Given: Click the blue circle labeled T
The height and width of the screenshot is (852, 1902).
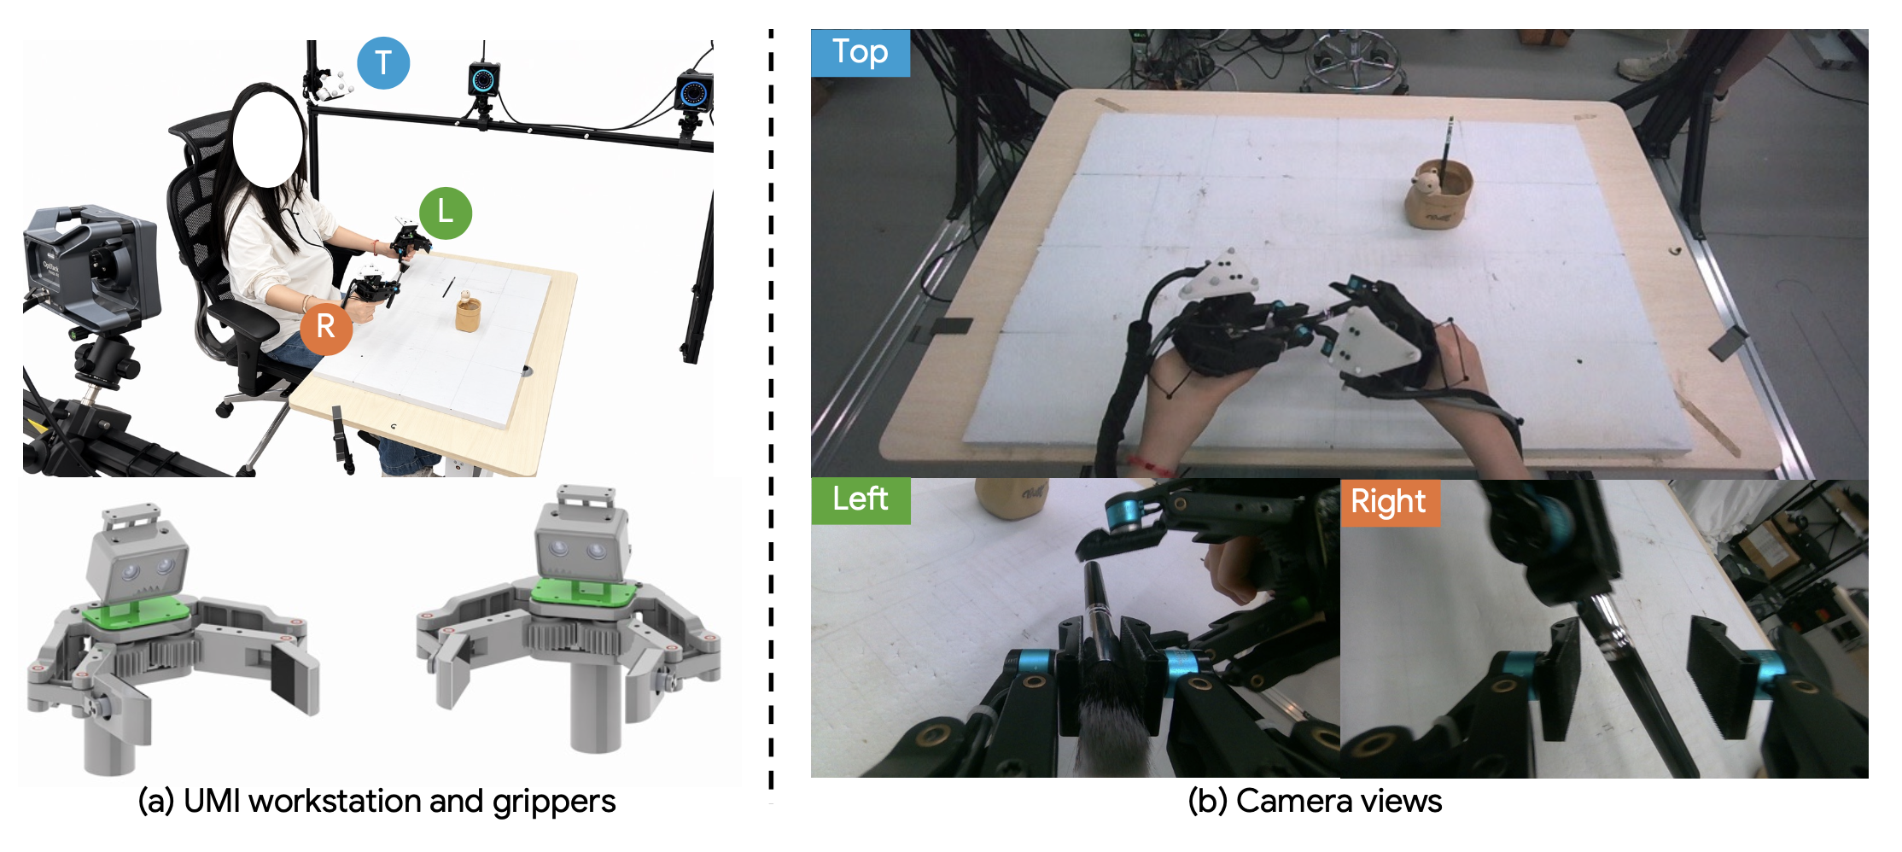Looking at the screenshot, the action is click(383, 63).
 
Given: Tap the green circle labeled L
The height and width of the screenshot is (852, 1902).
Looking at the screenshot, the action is click(446, 213).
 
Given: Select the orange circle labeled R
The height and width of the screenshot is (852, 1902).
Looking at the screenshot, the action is click(326, 327).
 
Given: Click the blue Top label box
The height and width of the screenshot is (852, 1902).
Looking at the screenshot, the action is click(861, 53).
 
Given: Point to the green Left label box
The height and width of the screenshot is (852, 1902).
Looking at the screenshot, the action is click(861, 500).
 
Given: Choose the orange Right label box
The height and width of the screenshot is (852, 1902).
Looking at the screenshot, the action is click(1390, 502).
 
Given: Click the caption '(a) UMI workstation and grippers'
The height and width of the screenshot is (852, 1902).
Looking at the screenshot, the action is click(376, 802).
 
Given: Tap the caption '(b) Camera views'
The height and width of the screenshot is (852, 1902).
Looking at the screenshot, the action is click(1315, 802).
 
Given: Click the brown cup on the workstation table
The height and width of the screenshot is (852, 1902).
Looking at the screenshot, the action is click(467, 312).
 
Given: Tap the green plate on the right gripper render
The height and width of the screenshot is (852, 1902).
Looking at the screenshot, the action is click(584, 594).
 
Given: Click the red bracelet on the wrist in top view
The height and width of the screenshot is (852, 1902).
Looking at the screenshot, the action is click(1149, 466).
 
